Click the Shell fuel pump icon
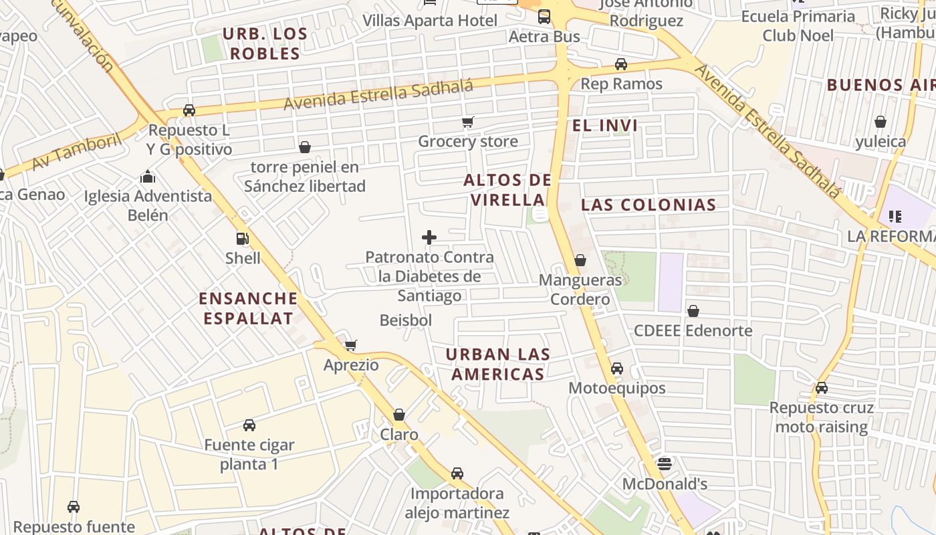point(242,239)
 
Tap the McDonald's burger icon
point(664,463)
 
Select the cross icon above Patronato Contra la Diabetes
point(429,237)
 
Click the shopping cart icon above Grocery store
point(468,122)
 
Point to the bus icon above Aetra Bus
point(544,17)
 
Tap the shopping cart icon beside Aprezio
point(350,346)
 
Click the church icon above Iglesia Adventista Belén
point(148,177)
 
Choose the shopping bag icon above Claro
point(399,415)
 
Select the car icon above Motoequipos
point(617,368)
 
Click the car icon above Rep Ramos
point(621,64)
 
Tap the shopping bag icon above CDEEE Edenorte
point(693,311)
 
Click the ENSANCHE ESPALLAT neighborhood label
point(248,308)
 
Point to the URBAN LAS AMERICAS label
point(498,364)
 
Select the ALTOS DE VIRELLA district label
point(507,190)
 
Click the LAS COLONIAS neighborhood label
point(649,205)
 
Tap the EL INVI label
point(604,125)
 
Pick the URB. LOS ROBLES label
point(265,43)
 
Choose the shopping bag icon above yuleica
point(881,122)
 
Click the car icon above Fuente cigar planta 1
point(249,425)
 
